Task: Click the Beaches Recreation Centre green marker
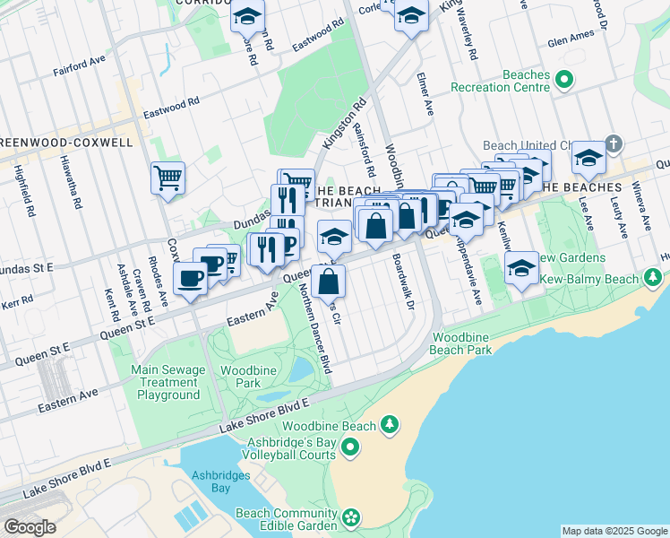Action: coord(563,82)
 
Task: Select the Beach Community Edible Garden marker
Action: coord(351,516)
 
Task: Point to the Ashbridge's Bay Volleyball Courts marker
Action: coord(351,446)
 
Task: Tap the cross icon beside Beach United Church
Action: coord(614,143)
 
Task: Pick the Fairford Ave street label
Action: coord(80,68)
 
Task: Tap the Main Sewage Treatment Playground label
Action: coord(166,382)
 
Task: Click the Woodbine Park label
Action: coord(241,376)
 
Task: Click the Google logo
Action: coord(30,527)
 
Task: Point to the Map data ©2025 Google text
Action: coord(614,531)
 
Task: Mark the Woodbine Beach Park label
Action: coord(461,343)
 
